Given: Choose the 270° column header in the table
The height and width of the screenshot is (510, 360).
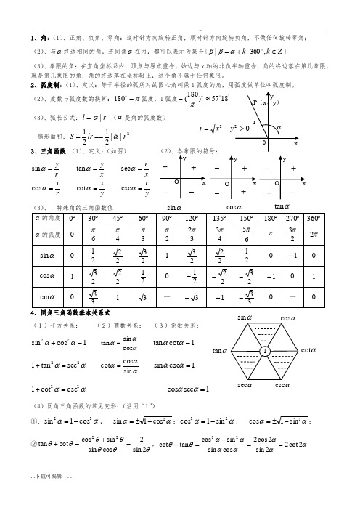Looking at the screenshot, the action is pyautogui.click(x=291, y=218).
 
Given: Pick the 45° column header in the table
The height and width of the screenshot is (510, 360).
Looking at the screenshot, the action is pyautogui.click(x=118, y=218).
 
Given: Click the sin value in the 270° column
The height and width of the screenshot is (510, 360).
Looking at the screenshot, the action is pyautogui.click(x=291, y=255).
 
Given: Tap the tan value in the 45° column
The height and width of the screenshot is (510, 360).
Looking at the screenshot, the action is pyautogui.click(x=118, y=297).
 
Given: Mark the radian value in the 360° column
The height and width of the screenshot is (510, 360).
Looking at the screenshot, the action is pyautogui.click(x=313, y=235).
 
